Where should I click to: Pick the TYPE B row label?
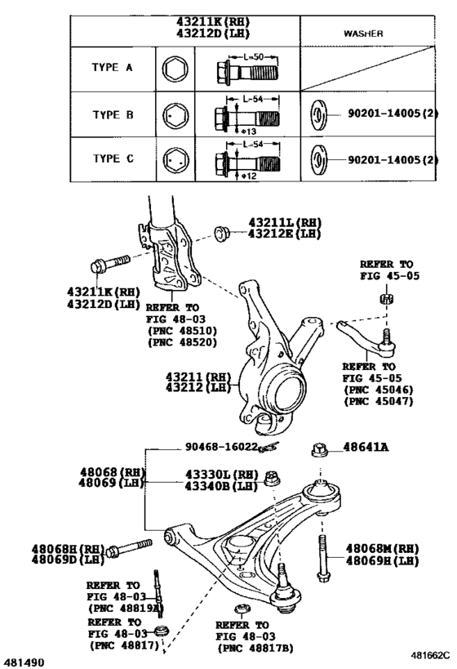click(x=110, y=115)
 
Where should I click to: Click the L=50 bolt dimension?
click(x=246, y=57)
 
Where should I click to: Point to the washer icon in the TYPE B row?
click(x=319, y=115)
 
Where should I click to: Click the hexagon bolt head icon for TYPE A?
click(x=173, y=69)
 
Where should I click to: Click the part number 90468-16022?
click(x=221, y=448)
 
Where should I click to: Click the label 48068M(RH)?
click(x=383, y=548)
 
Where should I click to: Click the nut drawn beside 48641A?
click(x=321, y=448)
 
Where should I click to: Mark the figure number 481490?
click(x=25, y=661)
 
